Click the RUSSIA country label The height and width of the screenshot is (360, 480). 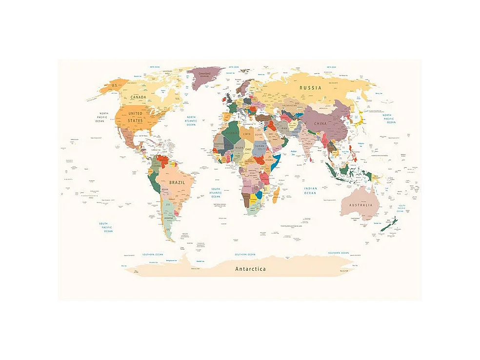pos(310,88)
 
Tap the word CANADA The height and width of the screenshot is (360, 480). pos(139,98)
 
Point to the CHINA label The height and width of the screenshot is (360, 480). pos(320,123)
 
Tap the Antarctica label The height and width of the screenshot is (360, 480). pos(251,269)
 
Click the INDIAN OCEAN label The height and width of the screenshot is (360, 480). pos(310,191)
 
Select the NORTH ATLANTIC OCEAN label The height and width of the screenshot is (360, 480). pos(191,121)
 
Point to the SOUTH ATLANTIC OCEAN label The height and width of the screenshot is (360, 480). pos(216,193)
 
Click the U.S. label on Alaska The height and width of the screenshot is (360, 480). pos(115,85)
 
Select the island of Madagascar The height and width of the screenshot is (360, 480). pos(276,196)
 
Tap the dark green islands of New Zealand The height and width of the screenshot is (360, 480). pos(392,225)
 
